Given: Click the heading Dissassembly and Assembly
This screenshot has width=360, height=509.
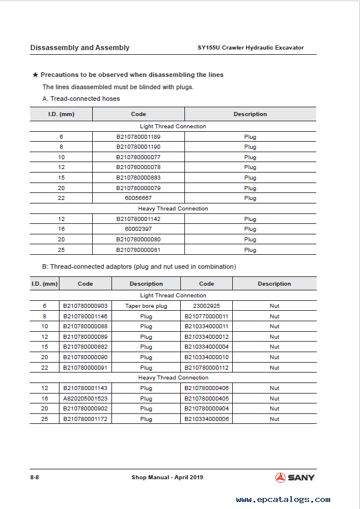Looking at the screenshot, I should click(x=80, y=48).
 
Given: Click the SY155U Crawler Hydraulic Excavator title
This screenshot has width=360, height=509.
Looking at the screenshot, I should click(x=251, y=48).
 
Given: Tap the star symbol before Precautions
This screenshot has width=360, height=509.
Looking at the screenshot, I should click(x=35, y=75).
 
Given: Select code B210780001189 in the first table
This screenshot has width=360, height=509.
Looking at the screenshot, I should click(x=138, y=136).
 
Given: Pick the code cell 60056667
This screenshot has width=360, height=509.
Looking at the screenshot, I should click(x=138, y=198).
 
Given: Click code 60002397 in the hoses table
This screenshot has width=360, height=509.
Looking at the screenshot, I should click(x=138, y=229).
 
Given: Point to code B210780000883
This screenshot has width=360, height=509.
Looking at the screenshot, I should click(x=138, y=178).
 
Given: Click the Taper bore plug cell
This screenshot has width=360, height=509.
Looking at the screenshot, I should click(x=146, y=306).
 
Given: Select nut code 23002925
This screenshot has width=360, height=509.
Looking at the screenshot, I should click(x=206, y=306).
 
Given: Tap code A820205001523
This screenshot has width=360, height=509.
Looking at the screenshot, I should click(x=85, y=398).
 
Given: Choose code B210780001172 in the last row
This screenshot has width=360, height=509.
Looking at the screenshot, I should click(x=85, y=419).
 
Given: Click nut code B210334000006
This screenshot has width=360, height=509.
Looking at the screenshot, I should click(x=207, y=419).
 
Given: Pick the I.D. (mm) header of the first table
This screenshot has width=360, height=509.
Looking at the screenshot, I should click(x=61, y=114).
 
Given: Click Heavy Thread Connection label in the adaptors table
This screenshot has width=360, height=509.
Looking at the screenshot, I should click(x=173, y=378).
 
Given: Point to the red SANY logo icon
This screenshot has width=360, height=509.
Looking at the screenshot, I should click(x=280, y=478).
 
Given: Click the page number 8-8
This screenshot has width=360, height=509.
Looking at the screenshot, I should click(x=34, y=478).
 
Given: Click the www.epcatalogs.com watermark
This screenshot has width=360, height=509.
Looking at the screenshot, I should click(x=283, y=500).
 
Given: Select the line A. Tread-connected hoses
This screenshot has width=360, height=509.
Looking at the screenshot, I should click(x=81, y=99).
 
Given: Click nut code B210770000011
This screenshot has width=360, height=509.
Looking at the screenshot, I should click(x=207, y=316).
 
